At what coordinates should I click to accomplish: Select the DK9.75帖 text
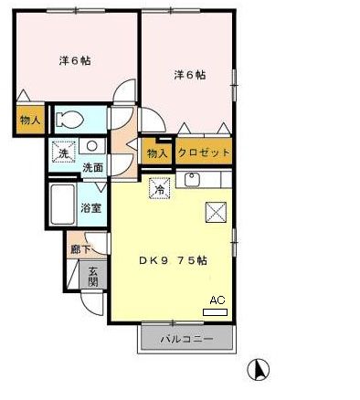[x=173, y=260]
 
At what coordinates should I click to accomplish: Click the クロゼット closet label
[x=203, y=153]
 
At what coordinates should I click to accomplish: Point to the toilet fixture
[x=71, y=120]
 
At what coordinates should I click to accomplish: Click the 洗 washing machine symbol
[x=63, y=153]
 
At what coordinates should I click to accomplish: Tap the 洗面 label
[x=93, y=168]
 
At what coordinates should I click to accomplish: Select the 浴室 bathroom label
[x=90, y=207]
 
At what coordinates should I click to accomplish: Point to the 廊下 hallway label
[x=79, y=247]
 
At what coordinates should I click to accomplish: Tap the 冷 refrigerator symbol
[x=159, y=191]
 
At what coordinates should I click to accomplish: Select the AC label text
[x=217, y=300]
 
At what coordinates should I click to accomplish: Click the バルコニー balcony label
[x=186, y=340]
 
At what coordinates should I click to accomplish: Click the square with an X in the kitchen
[x=216, y=213]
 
